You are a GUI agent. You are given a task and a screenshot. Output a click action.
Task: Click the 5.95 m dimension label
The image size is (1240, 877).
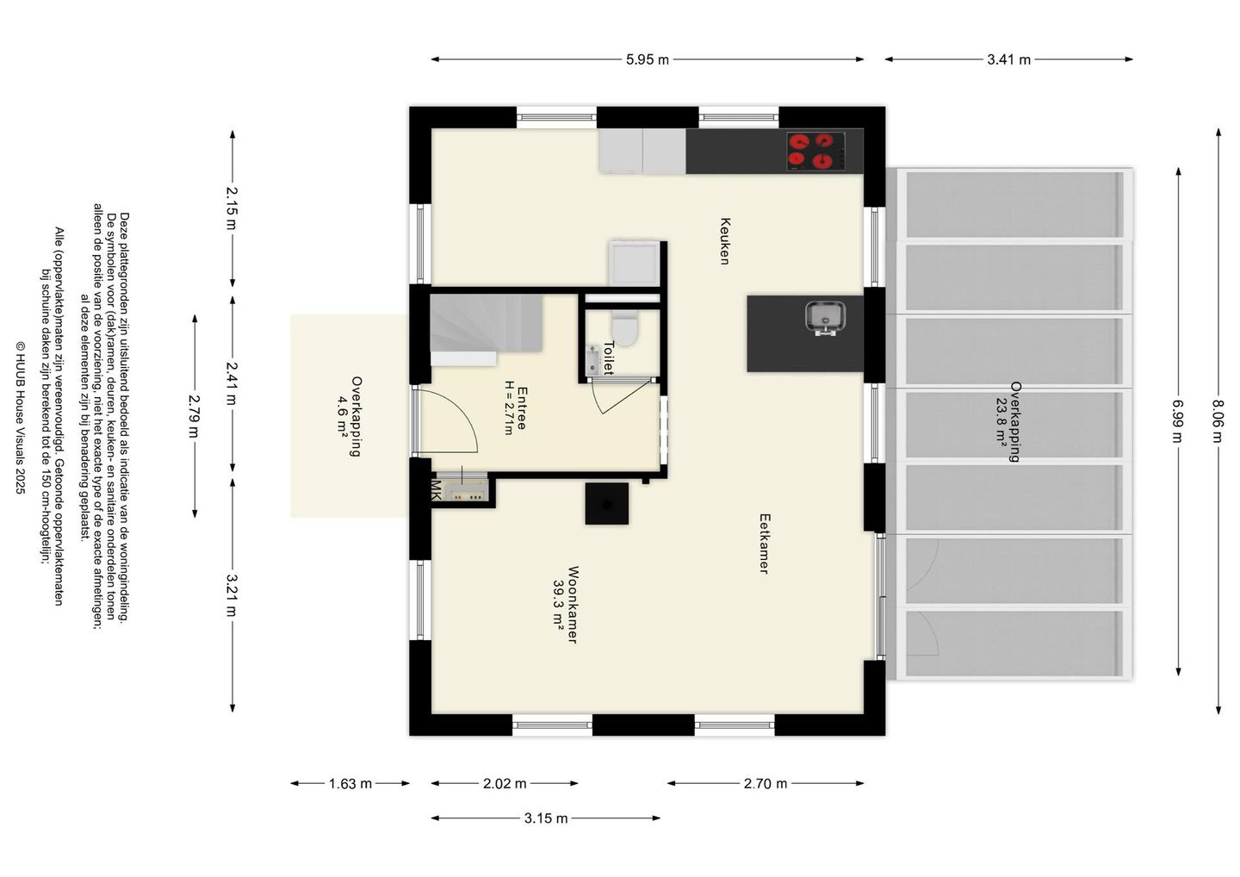coord(648,59)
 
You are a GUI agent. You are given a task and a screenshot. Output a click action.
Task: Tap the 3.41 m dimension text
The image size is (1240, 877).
coord(1008,59)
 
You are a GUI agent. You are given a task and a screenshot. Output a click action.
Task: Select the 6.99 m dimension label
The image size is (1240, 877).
coord(1178,421)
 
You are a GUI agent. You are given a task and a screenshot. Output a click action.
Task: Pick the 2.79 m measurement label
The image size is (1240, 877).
coord(194,416)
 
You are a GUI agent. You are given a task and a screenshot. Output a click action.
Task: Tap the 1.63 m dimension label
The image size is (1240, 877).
coord(350,784)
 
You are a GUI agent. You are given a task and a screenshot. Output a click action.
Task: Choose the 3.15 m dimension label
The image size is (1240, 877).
coord(546,818)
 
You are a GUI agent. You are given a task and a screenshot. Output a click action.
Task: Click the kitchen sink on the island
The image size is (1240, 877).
coord(825,319)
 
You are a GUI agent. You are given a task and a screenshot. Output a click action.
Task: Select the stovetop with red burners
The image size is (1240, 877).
coord(816,151)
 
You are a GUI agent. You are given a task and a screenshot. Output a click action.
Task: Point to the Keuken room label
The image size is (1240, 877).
coord(725,241)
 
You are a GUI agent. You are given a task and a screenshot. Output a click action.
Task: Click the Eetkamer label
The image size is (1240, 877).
coord(765,544)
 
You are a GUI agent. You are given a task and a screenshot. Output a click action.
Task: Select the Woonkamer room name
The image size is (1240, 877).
coord(573,605)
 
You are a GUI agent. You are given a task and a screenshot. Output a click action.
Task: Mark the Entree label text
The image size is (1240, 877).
coord(522,408)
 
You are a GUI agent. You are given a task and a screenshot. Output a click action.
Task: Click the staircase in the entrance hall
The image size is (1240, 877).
coord(486,323)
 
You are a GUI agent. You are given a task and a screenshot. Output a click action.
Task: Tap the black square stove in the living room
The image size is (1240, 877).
coord(607,504)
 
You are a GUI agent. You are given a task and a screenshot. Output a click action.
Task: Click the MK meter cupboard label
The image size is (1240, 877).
coord(437,490)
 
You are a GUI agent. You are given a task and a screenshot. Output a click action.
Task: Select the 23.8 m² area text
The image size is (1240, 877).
coord(1001,422)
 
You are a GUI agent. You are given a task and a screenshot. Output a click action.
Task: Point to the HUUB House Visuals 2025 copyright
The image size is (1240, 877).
coord(20,418)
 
